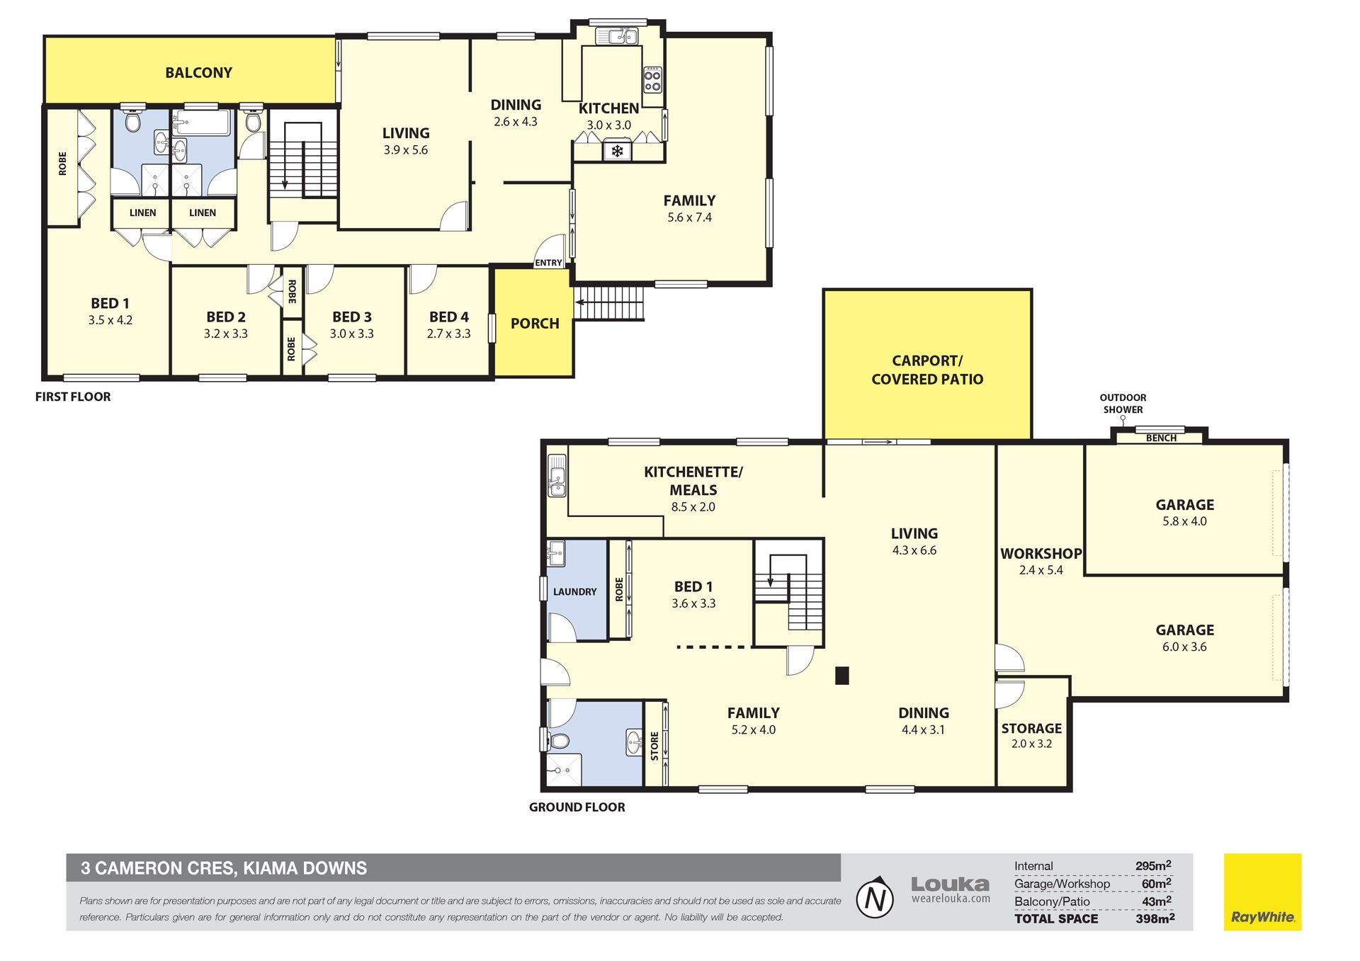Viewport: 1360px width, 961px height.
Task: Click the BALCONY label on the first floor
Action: click(198, 72)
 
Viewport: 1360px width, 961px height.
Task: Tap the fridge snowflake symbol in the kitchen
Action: click(617, 151)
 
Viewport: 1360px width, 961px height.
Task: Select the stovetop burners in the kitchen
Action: click(652, 79)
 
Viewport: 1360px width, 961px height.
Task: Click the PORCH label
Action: click(535, 324)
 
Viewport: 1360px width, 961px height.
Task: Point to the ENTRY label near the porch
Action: click(548, 263)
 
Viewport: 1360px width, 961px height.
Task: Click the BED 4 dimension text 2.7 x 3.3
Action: click(448, 334)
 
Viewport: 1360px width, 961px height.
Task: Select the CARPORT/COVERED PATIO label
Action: click(927, 370)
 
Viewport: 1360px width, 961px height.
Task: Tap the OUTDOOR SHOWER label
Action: click(1123, 404)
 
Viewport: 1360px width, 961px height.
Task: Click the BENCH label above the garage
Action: click(1161, 438)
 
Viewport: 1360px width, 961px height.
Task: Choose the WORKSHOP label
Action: click(1041, 554)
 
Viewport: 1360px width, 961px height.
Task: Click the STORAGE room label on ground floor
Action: click(1031, 728)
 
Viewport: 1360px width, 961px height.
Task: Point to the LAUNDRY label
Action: click(574, 591)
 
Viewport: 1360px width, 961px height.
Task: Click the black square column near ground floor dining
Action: click(841, 676)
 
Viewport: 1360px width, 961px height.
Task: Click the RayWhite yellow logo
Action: click(1262, 892)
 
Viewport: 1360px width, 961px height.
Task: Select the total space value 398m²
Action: click(1155, 919)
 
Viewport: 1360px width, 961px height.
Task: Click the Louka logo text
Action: click(950, 884)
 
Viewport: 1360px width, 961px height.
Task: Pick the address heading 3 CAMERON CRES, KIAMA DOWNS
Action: click(224, 868)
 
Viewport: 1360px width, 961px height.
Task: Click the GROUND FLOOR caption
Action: click(577, 807)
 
